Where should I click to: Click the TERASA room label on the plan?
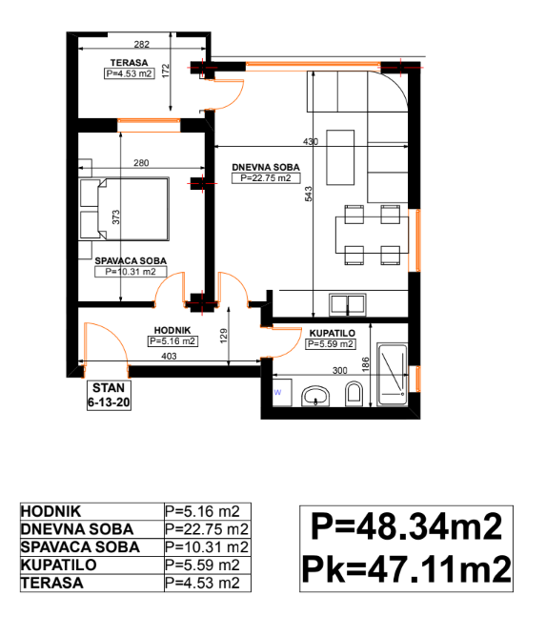pos(129,63)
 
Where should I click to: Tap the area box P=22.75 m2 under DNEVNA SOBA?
pos(266,178)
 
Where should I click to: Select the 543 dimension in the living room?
pos(309,194)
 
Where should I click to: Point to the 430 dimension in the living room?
pos(311,142)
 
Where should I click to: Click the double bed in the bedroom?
pos(124,209)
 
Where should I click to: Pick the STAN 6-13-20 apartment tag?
pos(109,395)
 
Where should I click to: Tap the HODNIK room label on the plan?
pos(172,331)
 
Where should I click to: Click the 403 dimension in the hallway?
pos(169,356)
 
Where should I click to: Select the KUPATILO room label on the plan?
pos(333,333)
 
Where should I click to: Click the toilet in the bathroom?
pos(354,394)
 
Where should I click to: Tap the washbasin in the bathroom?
pos(315,396)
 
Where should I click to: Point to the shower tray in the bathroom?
pos(393,374)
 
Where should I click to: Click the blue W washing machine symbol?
pos(277,392)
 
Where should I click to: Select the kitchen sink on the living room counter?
pos(348,304)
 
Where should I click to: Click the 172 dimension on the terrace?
pos(166,71)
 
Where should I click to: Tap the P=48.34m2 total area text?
pos(406,526)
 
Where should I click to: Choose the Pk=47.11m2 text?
pos(406,569)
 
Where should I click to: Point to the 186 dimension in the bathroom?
pos(366,364)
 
